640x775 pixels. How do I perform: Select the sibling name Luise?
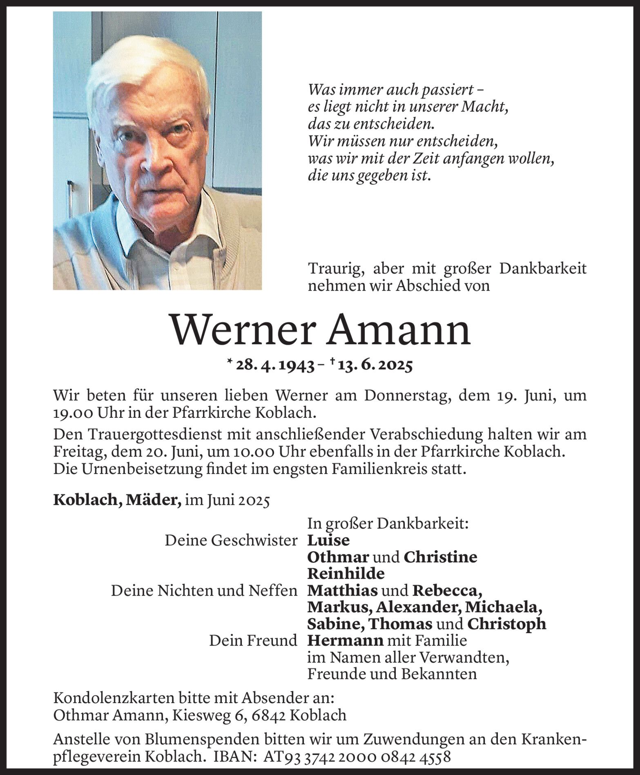328,540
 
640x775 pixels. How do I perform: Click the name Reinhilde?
346,573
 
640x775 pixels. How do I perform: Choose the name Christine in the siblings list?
440,557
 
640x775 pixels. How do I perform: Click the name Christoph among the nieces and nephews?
506,624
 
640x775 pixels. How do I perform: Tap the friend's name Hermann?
345,640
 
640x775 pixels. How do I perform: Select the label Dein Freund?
253,640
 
